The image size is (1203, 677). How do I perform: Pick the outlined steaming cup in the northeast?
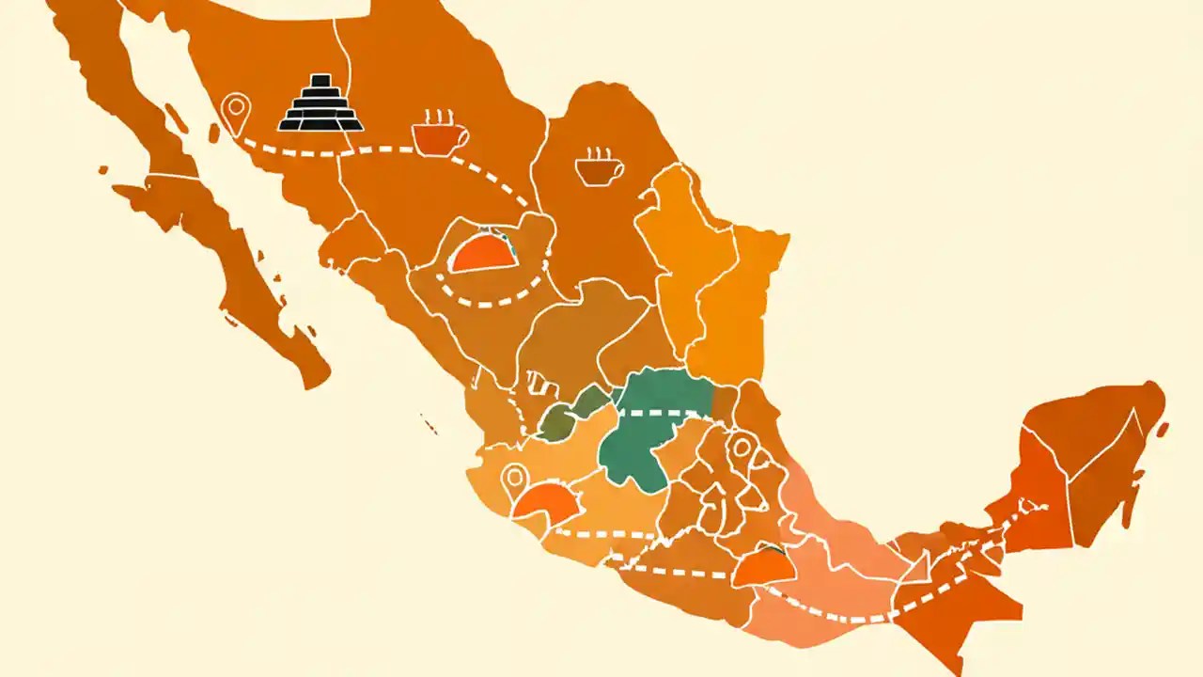pyautogui.click(x=599, y=166)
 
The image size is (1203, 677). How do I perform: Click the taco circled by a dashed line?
pyautogui.click(x=484, y=252)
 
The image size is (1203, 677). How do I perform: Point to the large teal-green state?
pyautogui.click(x=648, y=428)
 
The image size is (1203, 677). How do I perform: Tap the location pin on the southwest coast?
pyautogui.click(x=513, y=480)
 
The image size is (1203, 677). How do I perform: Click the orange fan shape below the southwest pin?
pyautogui.click(x=547, y=504)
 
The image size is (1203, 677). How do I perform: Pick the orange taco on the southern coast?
pyautogui.click(x=763, y=567)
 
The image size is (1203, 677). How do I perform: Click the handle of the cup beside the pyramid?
pyautogui.click(x=461, y=137)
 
